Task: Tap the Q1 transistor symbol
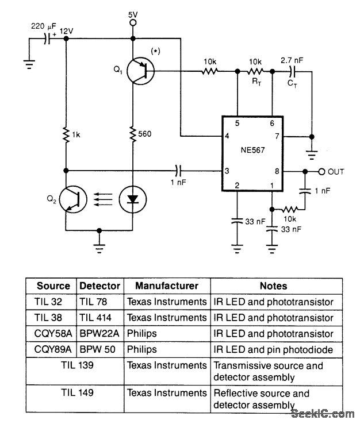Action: coord(138,71)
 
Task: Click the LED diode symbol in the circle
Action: coord(132,199)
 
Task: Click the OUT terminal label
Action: coord(336,171)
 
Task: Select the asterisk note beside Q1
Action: coord(155,52)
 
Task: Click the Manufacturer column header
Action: coord(167,286)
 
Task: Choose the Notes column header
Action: coord(273,286)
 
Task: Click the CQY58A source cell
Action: coord(53,334)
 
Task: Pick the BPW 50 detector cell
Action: coord(99,349)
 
